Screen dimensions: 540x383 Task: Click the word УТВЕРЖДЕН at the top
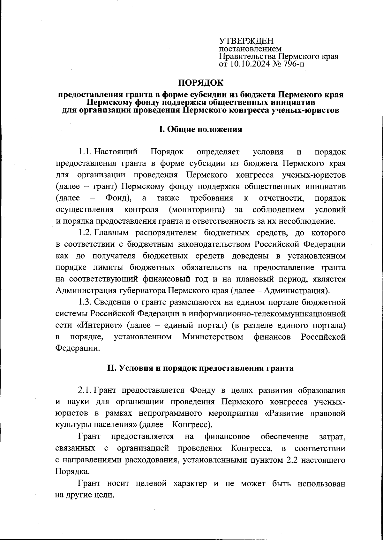(246, 41)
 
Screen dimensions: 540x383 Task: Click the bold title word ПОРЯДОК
(201, 83)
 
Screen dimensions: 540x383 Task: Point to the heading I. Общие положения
(200, 129)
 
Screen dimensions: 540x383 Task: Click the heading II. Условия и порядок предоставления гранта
(200, 368)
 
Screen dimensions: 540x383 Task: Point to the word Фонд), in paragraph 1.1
(118, 198)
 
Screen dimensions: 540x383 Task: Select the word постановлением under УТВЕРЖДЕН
(250, 49)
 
